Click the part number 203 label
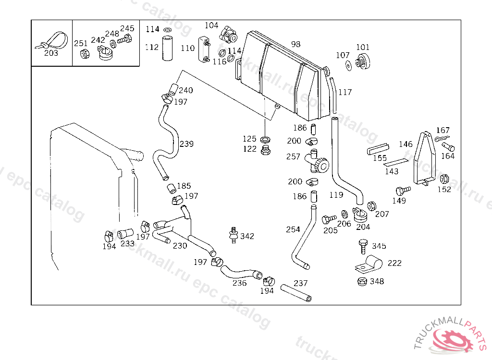tap(51, 53)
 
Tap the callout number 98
tap(295, 44)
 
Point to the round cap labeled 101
tap(363, 61)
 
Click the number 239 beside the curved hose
tap(186, 144)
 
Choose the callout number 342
tap(247, 236)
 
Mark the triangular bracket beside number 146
tap(425, 158)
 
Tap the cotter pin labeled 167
tap(442, 138)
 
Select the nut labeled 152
tap(444, 179)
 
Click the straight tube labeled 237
tap(296, 293)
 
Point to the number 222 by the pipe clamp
tap(394, 263)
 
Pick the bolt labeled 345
tap(363, 247)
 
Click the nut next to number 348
tap(362, 281)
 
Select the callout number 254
tap(293, 229)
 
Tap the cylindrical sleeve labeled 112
tap(167, 48)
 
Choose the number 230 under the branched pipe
tap(180, 246)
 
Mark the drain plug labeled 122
tap(265, 150)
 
